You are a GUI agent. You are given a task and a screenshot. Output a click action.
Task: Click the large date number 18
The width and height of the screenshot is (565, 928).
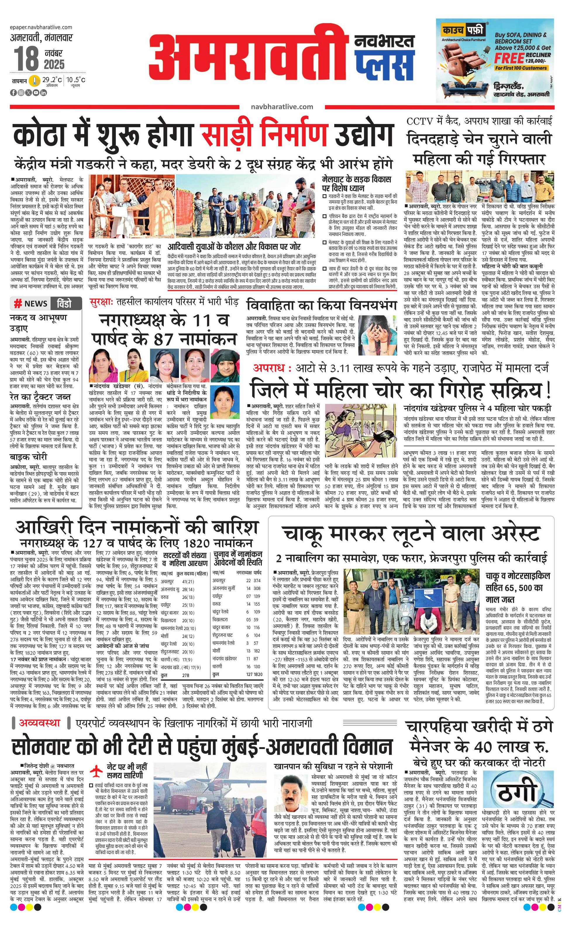26,58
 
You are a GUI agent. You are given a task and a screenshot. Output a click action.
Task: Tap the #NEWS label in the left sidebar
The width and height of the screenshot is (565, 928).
31,303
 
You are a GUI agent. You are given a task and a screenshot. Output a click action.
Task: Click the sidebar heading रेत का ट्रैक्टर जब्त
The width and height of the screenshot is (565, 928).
40,397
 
